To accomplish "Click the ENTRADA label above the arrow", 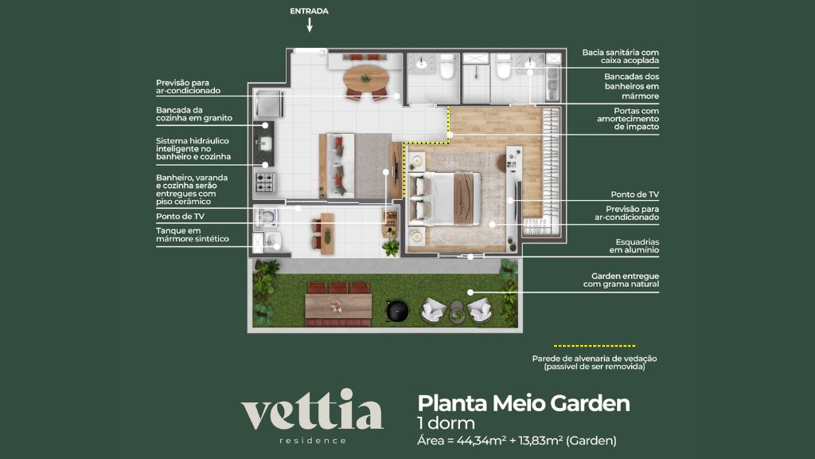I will [x=310, y=11].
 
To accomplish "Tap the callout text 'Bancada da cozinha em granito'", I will [x=194, y=114].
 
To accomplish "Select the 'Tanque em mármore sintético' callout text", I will [x=192, y=234].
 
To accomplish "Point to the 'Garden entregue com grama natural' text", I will [x=620, y=280].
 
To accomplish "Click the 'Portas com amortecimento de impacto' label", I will [x=625, y=119].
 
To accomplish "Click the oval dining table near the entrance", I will [x=366, y=79].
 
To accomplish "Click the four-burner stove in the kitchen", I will [x=264, y=181].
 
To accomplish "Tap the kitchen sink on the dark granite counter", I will [x=265, y=143].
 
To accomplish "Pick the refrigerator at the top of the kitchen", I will [x=268, y=104].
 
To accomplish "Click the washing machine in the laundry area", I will [x=266, y=216].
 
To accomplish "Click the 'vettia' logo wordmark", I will [x=313, y=414].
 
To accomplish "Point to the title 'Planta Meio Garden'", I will [x=524, y=403].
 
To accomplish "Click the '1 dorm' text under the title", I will [x=446, y=423].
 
